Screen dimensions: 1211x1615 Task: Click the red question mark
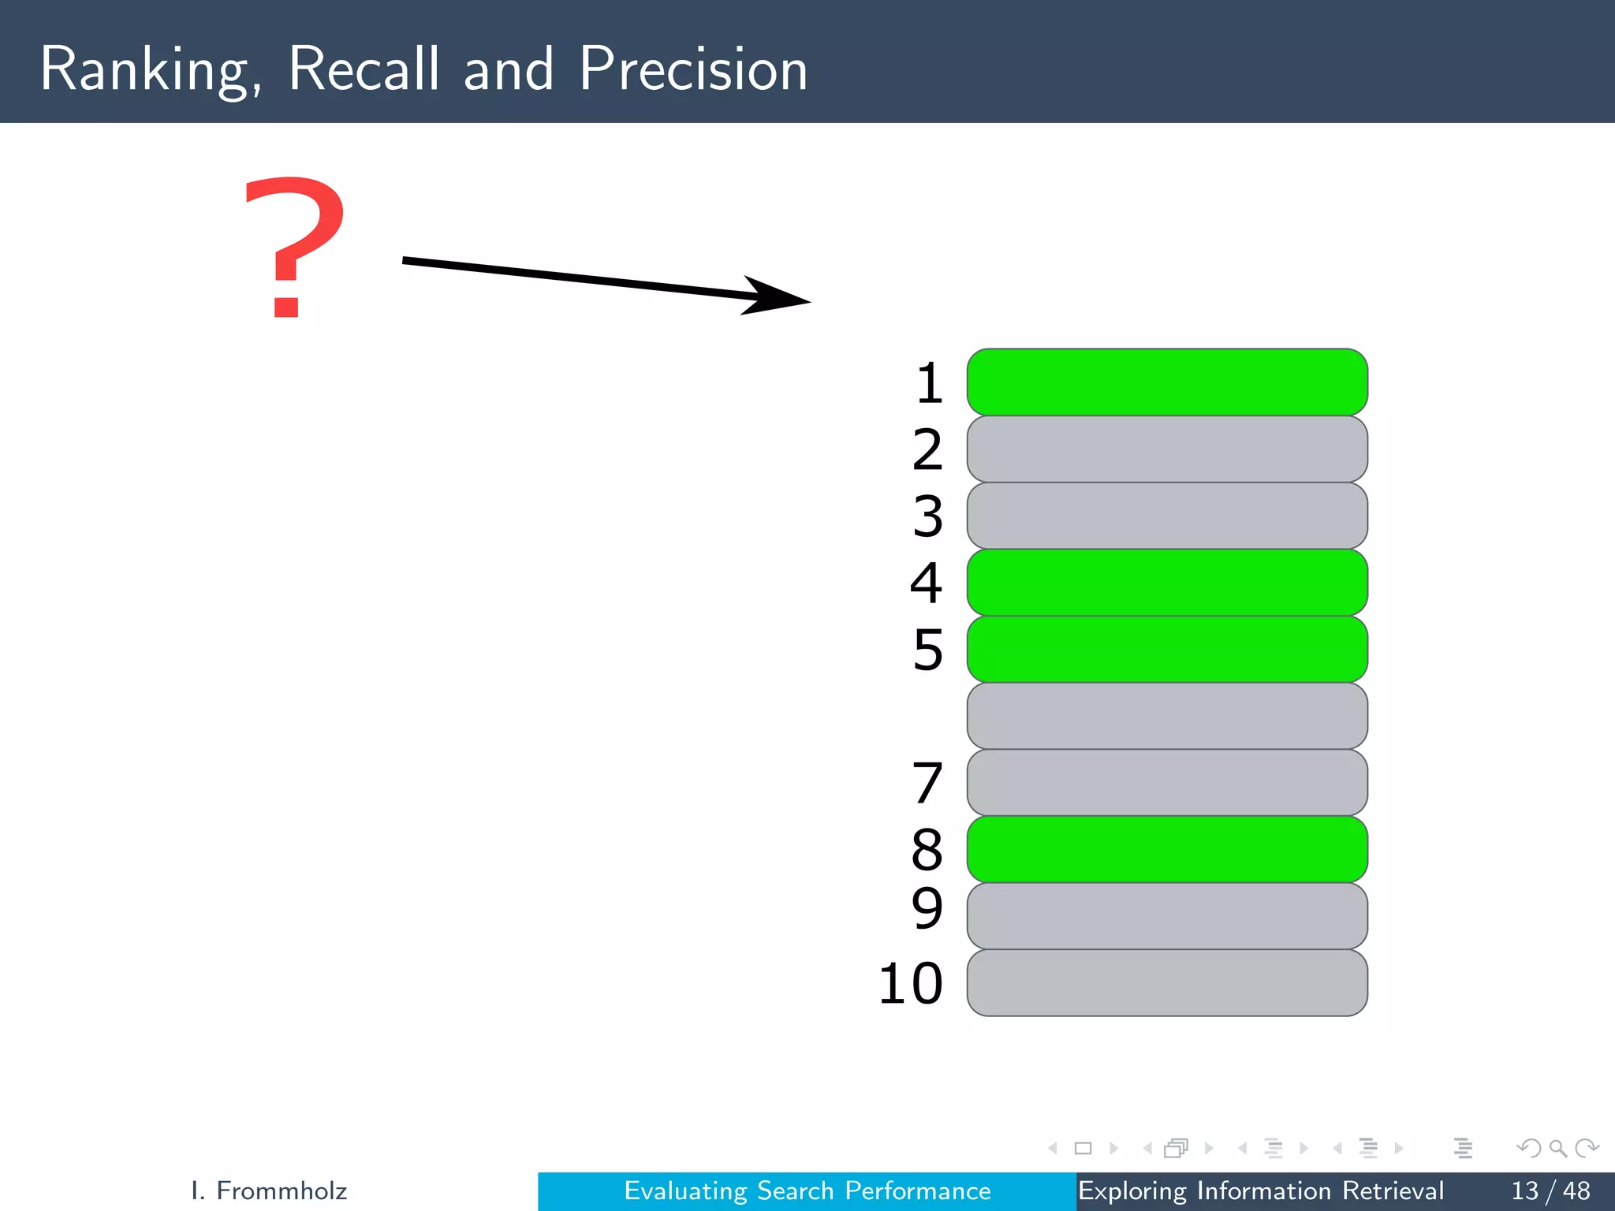coord(293,246)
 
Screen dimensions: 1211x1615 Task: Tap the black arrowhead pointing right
coord(773,296)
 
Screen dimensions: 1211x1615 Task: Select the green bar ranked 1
coord(1167,382)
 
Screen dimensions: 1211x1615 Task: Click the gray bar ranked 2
coord(1167,449)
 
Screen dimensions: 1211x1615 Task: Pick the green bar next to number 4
coord(1167,583)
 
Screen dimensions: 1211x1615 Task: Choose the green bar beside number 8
coord(1167,849)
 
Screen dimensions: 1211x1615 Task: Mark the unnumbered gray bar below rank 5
coord(1167,716)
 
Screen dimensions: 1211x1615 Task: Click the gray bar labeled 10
coord(1167,983)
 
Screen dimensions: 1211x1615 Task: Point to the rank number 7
coord(927,783)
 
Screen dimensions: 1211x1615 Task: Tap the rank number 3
coord(927,516)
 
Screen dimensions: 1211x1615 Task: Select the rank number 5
coord(927,650)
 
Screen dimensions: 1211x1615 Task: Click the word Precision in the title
coord(693,69)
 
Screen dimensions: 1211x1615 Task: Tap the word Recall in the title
coord(364,69)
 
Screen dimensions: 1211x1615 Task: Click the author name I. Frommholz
coord(269,1191)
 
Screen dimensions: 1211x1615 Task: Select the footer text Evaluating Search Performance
coord(807,1191)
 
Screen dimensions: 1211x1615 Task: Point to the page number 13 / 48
coord(1550,1191)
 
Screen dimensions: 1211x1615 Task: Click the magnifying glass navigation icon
coord(1557,1148)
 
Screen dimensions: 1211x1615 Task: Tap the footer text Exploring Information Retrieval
coord(1260,1191)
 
